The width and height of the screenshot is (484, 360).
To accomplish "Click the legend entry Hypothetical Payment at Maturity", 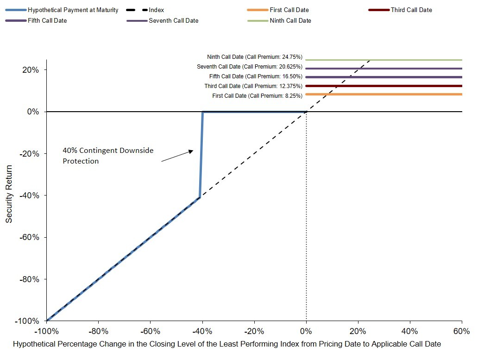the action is tap(62, 10).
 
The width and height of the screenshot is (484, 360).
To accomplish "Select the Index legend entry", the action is tap(145, 10).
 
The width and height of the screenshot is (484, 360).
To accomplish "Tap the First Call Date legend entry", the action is tap(278, 10).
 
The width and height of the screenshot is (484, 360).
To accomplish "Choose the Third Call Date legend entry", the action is tap(400, 10).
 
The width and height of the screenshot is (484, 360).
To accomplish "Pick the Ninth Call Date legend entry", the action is tap(279, 21).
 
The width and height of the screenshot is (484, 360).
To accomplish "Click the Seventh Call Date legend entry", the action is tap(163, 21).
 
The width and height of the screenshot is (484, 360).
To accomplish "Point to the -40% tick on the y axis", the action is tap(45, 195).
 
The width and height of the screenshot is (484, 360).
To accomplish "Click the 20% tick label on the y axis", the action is tap(31, 70).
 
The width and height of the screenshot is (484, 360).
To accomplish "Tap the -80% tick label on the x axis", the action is tap(99, 331).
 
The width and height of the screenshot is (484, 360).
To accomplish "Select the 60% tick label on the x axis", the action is tap(462, 331).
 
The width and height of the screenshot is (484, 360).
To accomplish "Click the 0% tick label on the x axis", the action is tap(306, 331).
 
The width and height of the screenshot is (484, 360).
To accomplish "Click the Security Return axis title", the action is tap(9, 194).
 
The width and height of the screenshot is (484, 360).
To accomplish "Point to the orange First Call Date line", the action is tap(383, 94).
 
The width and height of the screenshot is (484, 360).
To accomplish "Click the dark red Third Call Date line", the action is tap(383, 86).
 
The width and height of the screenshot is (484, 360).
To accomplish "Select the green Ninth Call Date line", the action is tap(383, 60).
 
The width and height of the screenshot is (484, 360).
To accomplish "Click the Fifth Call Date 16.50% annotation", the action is tap(256, 76).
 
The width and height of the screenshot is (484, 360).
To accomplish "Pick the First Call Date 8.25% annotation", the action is tap(258, 96).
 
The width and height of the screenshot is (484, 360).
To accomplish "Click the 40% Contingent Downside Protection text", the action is tap(108, 156).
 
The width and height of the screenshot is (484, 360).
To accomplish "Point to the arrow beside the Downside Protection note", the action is tap(177, 156).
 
